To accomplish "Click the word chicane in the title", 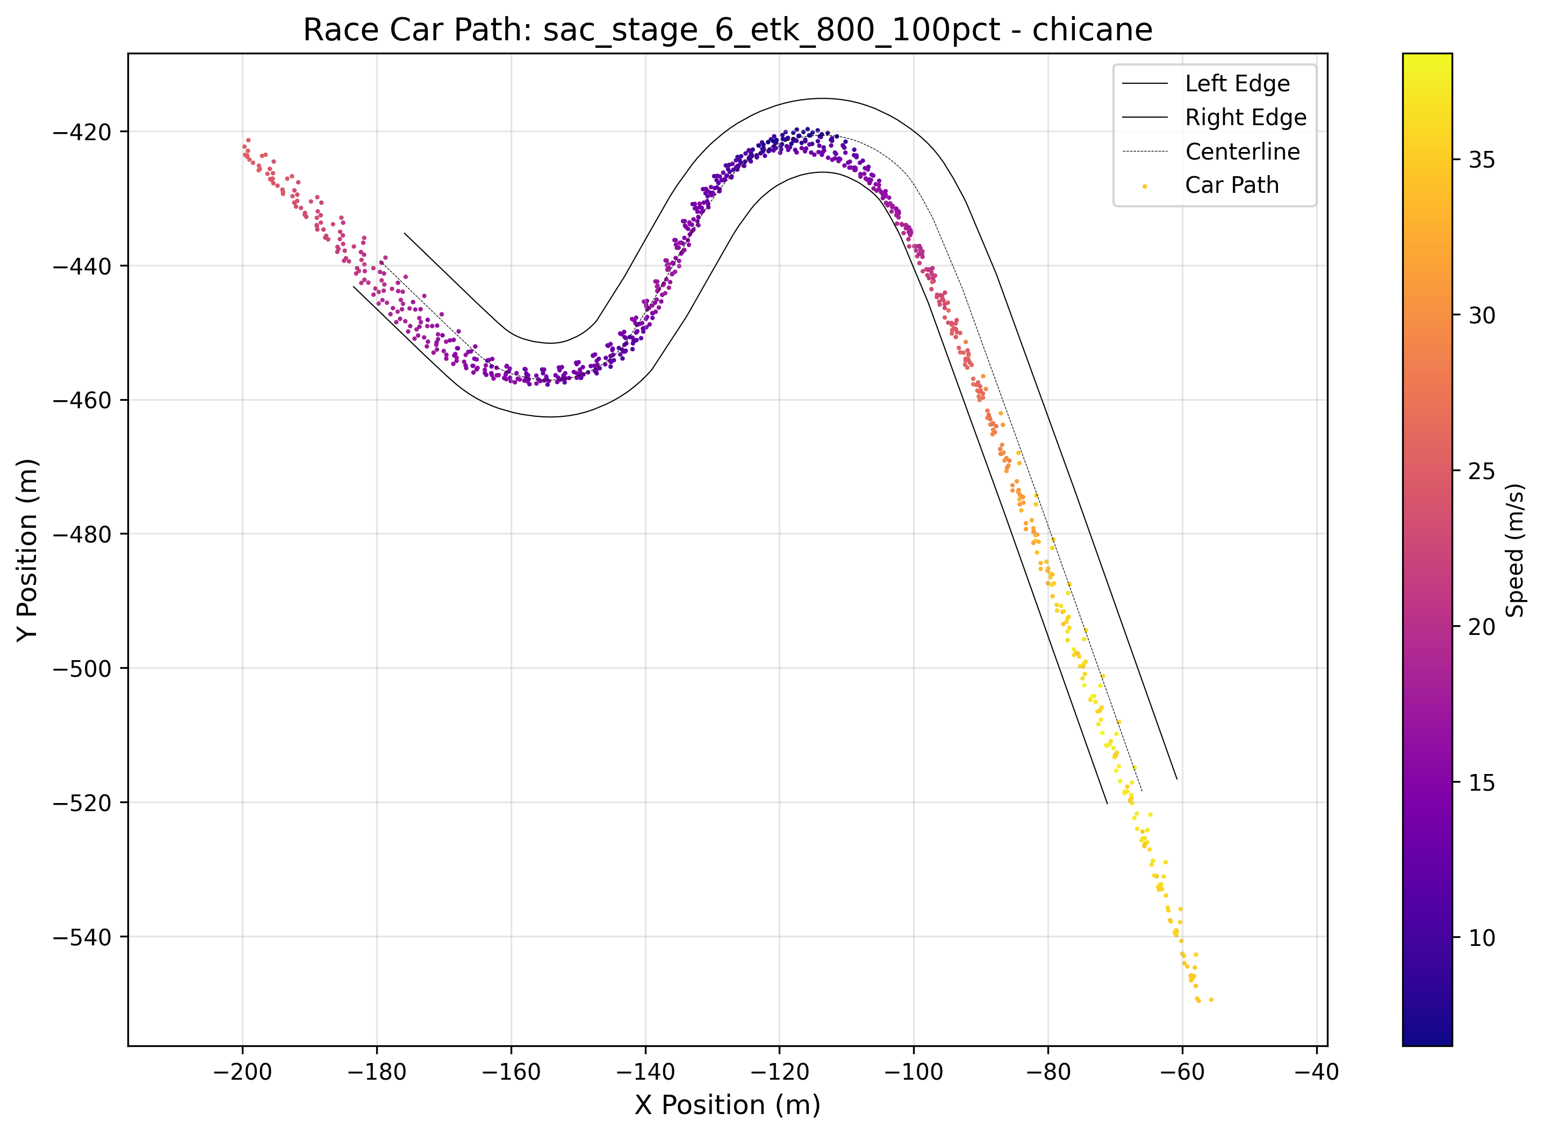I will (1091, 30).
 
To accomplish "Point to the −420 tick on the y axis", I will (82, 133).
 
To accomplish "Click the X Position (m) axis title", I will (727, 1105).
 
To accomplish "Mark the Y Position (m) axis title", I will (27, 550).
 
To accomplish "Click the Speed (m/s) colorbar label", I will (1515, 550).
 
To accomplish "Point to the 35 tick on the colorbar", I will (1482, 160).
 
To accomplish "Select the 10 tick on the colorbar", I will (1482, 938).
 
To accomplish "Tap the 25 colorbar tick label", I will (1482, 471).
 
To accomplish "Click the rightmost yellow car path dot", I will (1211, 1000).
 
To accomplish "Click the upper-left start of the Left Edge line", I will (404, 234).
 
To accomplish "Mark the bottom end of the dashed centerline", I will (1142, 791).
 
